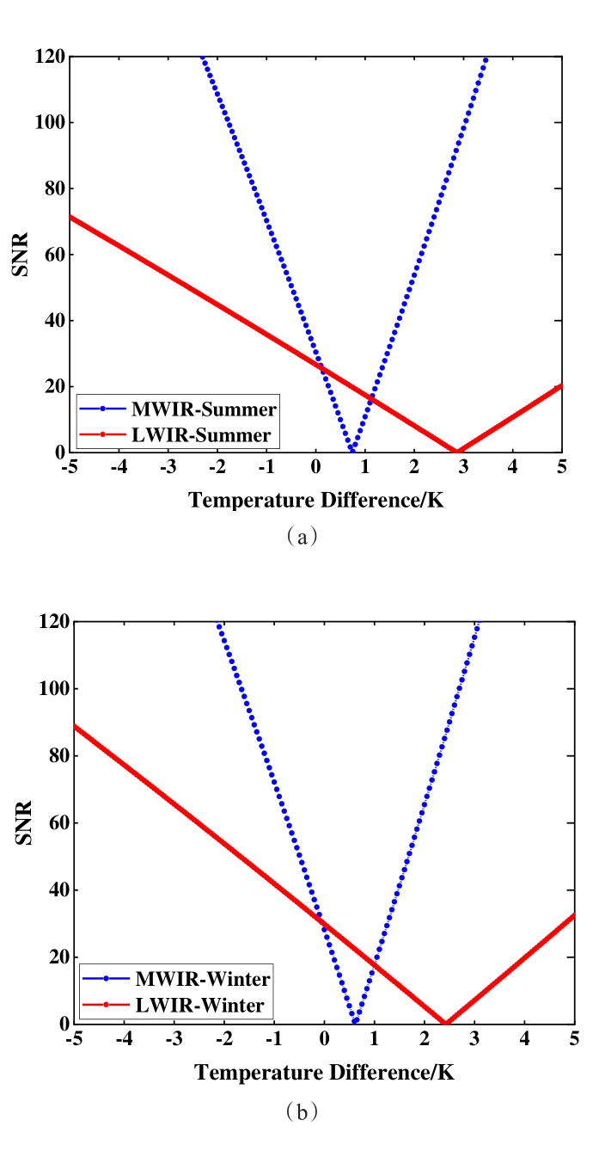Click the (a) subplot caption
[302, 536]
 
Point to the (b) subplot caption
[302, 1111]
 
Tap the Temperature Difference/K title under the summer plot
[316, 500]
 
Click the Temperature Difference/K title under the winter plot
[323, 1073]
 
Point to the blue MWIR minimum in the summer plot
[351, 450]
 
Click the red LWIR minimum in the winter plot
[445, 1022]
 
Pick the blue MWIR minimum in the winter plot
[355, 1021]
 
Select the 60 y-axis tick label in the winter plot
[56, 823]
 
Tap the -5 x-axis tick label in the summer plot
[69, 468]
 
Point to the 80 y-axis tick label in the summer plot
[52, 188]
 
